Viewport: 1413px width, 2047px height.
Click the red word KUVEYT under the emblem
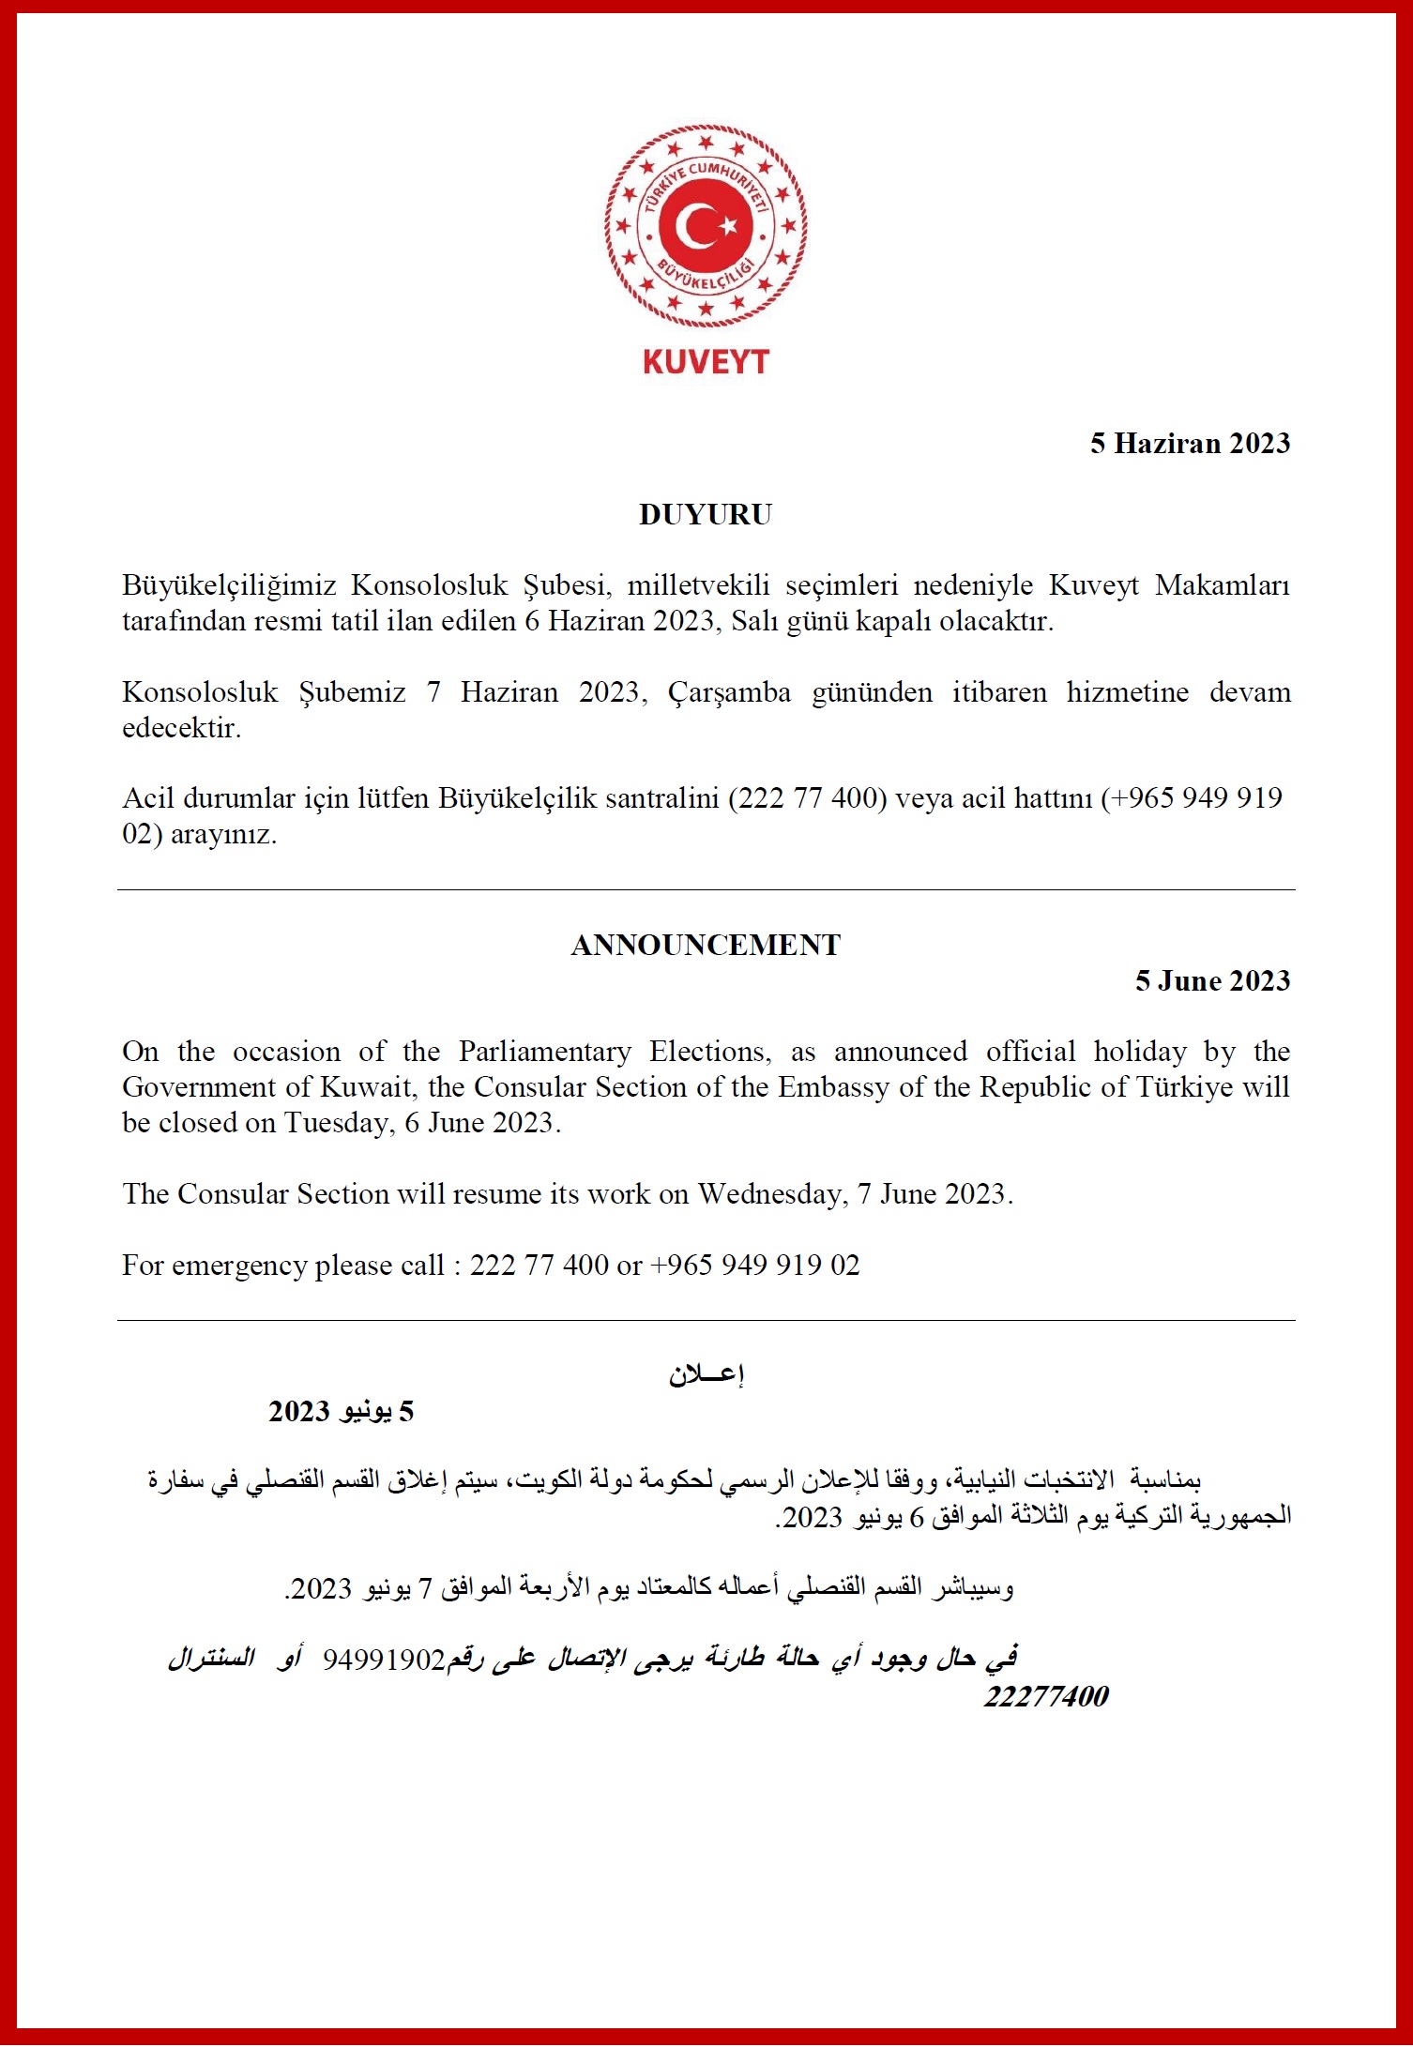point(706,362)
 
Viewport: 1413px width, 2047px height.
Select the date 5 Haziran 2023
point(1190,443)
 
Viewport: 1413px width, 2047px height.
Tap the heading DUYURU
point(706,514)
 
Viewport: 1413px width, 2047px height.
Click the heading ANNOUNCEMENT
point(706,945)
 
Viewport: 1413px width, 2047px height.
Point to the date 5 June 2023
point(1212,980)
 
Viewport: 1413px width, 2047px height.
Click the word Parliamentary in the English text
point(544,1051)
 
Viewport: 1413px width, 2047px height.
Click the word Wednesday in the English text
point(772,1193)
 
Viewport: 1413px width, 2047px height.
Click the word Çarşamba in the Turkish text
point(728,692)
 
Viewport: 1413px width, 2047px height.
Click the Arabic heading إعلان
point(706,1375)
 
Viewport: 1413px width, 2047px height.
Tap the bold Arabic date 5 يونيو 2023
point(341,1411)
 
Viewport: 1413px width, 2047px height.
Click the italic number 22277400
point(1045,1696)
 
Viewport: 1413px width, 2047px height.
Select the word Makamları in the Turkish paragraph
point(1222,585)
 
